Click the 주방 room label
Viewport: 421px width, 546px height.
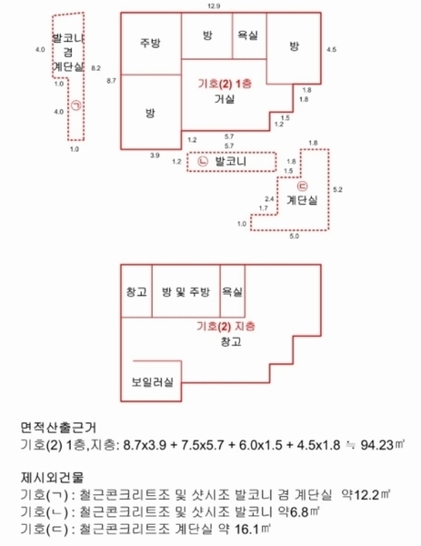tap(150, 43)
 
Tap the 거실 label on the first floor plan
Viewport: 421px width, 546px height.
tap(225, 99)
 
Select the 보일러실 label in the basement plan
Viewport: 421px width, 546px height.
tap(153, 382)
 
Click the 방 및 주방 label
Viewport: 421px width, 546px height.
tap(185, 292)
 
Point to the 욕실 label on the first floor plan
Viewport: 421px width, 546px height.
tap(247, 35)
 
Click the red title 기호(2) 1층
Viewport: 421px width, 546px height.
tap(225, 84)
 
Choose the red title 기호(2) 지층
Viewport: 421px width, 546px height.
tap(226, 327)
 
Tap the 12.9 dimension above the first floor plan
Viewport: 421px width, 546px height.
tap(214, 6)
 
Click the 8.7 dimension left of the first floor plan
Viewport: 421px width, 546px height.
tap(111, 81)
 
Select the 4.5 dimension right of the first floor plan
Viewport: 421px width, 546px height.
tap(331, 49)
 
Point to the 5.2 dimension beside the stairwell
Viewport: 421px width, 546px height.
tap(337, 189)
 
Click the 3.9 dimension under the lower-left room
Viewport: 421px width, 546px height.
tap(155, 156)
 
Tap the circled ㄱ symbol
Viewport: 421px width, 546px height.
tap(75, 106)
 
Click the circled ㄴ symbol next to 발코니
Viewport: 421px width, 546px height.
tap(203, 162)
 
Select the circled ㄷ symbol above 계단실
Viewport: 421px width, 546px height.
tap(303, 187)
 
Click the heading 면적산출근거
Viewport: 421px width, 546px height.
tap(58, 428)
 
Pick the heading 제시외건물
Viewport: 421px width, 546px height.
tap(52, 477)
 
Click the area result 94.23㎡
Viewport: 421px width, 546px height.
tap(383, 445)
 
